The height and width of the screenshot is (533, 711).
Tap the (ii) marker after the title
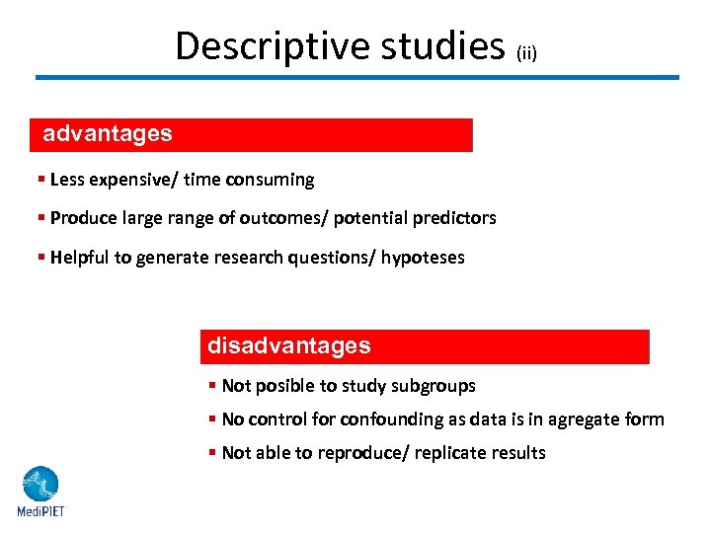pos(526,53)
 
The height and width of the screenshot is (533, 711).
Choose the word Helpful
pos(78,258)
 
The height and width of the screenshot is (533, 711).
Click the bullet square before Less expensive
pos(40,180)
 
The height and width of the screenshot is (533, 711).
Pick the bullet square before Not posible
pos(212,386)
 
